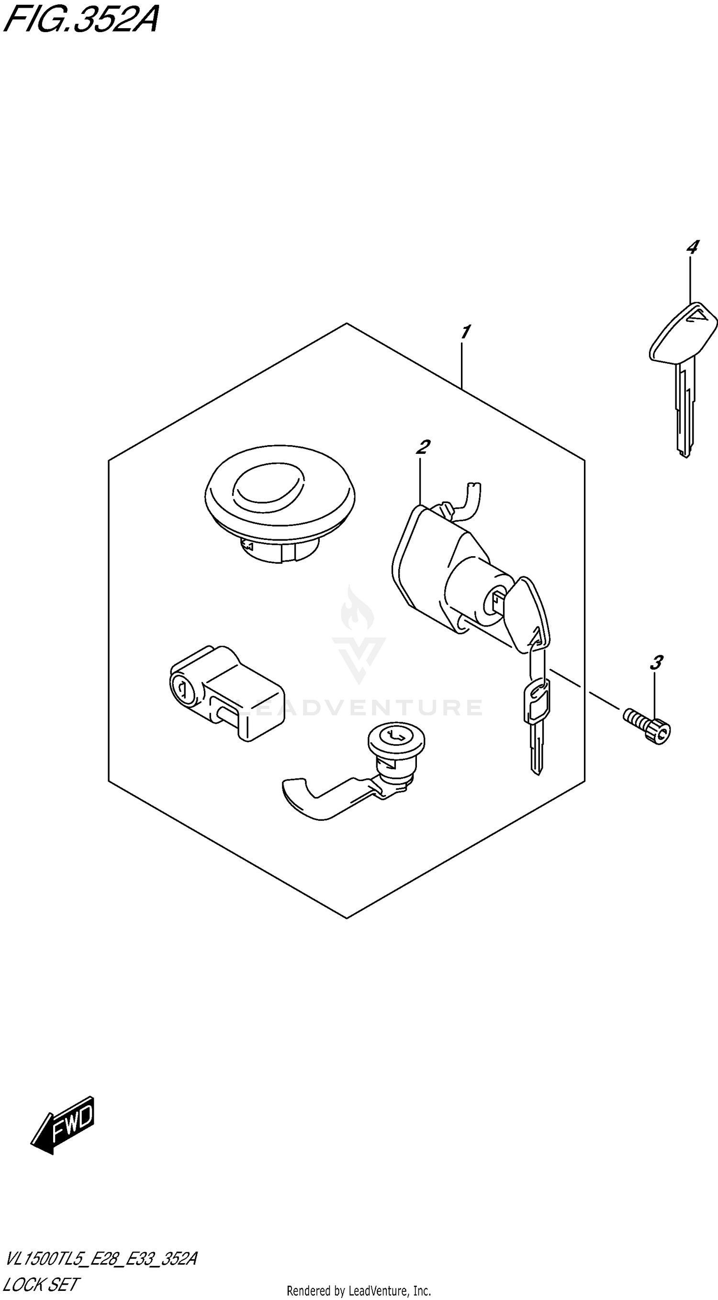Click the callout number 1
coord(465,333)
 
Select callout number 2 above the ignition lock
coord(423,447)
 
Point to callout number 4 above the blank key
coord(692,247)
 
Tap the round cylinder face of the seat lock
coord(396,739)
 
